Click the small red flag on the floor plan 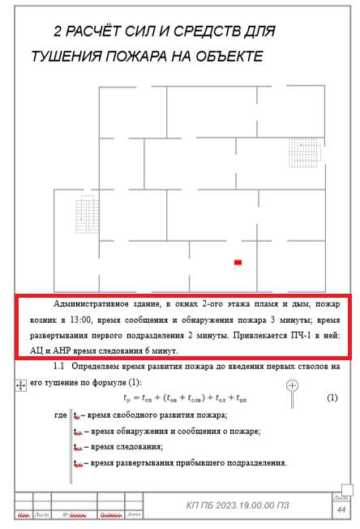(x=238, y=262)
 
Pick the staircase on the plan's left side (x=81, y=212)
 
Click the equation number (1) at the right (x=331, y=398)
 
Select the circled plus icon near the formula (x=293, y=385)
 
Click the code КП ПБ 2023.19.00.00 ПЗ (x=235, y=505)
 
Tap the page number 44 (x=341, y=510)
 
